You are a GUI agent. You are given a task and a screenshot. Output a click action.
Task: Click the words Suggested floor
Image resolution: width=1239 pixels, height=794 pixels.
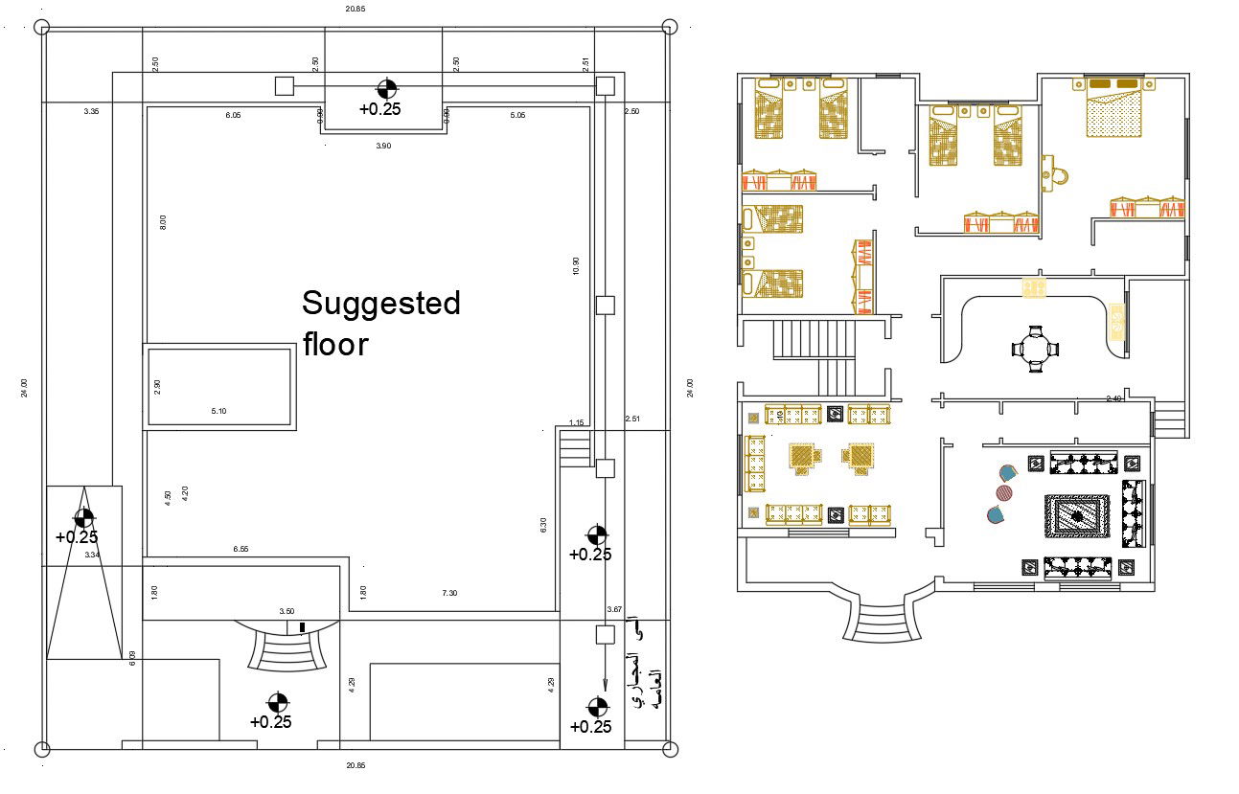(380, 323)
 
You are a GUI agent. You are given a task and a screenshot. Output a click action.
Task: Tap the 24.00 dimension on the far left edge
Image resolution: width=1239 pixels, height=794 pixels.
(23, 388)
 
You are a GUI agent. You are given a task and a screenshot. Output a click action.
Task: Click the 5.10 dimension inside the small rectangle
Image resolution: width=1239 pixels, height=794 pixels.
(219, 412)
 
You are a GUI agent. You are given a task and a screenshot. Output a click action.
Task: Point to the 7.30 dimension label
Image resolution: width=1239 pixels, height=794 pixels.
(449, 594)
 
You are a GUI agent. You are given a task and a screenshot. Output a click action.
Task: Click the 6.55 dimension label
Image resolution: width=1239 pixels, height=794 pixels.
(241, 549)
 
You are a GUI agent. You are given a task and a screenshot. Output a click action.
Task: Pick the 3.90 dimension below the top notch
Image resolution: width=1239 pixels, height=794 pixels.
(382, 146)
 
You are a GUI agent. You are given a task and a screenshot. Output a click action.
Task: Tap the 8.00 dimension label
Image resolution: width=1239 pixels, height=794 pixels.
(162, 221)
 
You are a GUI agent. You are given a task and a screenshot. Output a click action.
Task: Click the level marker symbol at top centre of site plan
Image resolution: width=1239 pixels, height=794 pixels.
(386, 89)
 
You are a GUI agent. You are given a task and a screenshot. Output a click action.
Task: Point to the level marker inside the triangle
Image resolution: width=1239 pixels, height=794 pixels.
(84, 518)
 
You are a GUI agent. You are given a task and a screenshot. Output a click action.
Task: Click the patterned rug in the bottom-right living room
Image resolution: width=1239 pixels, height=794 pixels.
(1077, 517)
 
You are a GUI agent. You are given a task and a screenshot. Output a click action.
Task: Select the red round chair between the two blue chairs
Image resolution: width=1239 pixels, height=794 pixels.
(1003, 492)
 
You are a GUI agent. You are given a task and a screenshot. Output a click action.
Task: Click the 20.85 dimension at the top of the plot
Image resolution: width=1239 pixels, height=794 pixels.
(356, 9)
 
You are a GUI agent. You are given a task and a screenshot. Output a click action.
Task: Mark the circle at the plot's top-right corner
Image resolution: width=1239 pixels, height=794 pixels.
(669, 27)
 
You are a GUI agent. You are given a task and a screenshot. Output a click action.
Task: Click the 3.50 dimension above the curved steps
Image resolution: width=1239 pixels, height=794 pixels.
(287, 611)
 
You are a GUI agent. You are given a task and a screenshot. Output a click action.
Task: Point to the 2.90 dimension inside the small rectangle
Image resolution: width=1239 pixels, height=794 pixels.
(158, 386)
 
